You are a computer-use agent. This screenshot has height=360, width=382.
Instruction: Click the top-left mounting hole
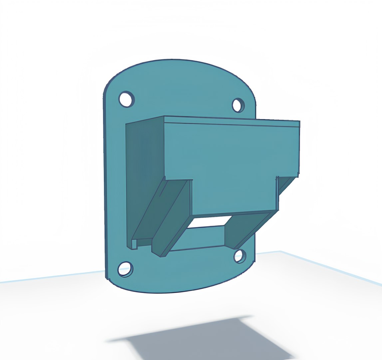click(x=127, y=99)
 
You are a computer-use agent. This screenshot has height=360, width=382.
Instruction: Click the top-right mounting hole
click(x=238, y=105)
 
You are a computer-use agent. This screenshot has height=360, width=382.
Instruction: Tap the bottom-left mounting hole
click(x=125, y=269)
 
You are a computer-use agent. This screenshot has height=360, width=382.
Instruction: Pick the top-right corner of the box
click(x=299, y=121)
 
